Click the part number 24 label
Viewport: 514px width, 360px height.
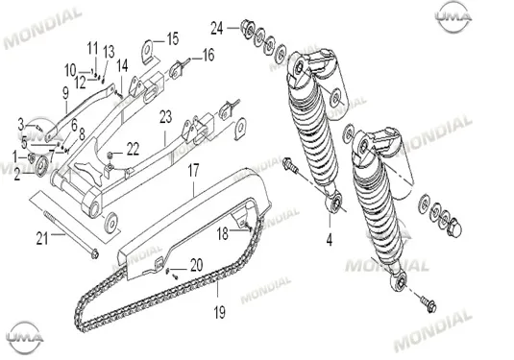[x=217, y=28]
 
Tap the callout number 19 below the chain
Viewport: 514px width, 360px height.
[x=220, y=312]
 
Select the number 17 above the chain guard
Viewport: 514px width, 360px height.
[x=193, y=171]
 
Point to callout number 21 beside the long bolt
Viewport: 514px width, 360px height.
[x=42, y=239]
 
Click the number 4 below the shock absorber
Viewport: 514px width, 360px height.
[x=330, y=240]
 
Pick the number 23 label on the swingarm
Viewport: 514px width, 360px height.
[x=165, y=117]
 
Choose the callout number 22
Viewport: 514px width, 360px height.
[x=133, y=149]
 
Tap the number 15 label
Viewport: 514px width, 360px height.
[x=173, y=38]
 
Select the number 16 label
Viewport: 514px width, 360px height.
[x=208, y=55]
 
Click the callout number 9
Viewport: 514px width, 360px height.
[x=65, y=93]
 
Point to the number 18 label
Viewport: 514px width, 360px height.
[x=223, y=234]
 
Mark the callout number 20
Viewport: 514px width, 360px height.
[x=196, y=265]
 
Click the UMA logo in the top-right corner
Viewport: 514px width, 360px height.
[x=453, y=16]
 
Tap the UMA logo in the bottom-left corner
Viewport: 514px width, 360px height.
[x=25, y=337]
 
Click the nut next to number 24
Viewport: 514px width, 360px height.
[x=248, y=28]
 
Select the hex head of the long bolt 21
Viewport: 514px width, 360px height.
[x=95, y=253]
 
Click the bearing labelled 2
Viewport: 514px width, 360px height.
[x=41, y=167]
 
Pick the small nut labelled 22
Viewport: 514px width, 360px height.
[x=110, y=155]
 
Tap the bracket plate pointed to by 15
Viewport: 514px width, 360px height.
[x=148, y=51]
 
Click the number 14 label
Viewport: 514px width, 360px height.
[x=122, y=66]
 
